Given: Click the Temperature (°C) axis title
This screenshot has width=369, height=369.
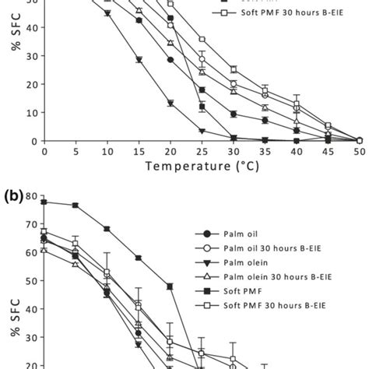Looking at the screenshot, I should (x=201, y=166).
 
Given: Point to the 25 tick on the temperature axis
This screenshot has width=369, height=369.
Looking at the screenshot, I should (x=201, y=151).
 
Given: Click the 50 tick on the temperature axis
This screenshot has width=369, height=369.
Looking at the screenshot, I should (x=359, y=151).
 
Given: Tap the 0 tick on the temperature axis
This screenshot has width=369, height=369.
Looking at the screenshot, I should (x=44, y=151).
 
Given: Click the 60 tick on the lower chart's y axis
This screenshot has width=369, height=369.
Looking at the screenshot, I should (x=28, y=252).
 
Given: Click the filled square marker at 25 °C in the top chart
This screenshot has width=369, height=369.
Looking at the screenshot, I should (x=202, y=107).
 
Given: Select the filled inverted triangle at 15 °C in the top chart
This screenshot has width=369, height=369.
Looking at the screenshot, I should (x=139, y=59).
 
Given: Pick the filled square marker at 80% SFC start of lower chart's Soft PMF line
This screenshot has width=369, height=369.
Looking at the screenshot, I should (x=44, y=202).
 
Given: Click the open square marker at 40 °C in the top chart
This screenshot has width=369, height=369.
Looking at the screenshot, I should (x=296, y=105).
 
